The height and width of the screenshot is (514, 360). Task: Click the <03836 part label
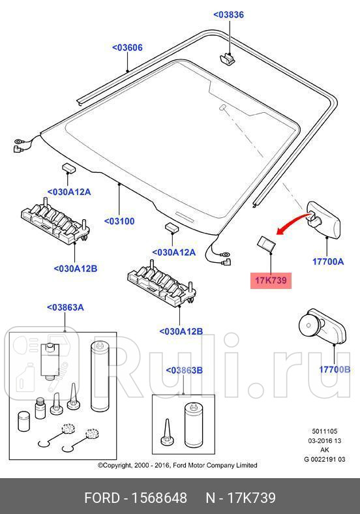[228, 15]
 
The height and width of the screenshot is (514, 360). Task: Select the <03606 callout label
[127, 48]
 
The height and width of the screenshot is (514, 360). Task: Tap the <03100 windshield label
[119, 221]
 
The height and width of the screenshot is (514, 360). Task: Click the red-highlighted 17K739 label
[270, 280]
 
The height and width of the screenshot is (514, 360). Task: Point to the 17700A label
[327, 262]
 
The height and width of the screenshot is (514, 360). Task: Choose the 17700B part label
[335, 370]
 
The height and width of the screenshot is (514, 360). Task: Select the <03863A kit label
[65, 307]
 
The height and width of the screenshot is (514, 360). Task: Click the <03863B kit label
[184, 370]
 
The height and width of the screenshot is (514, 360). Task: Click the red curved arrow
[292, 222]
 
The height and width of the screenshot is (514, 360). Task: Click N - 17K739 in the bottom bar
[241, 498]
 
